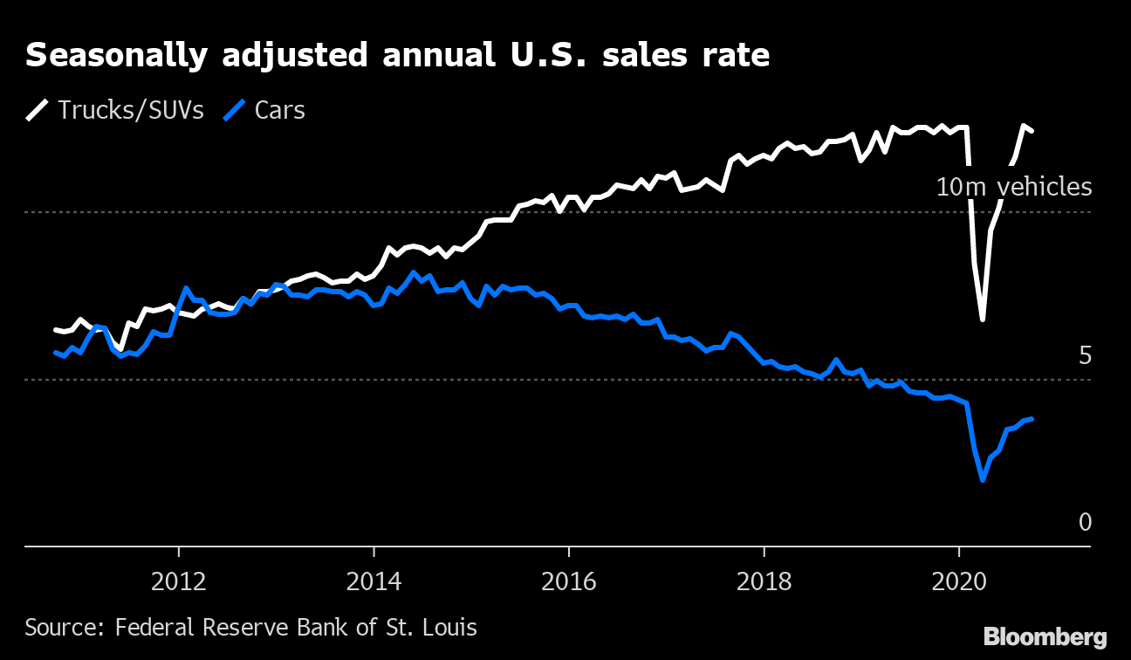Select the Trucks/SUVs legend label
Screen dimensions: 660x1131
[x=131, y=111]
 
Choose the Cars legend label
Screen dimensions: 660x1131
[x=279, y=111]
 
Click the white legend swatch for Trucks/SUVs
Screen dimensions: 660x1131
[x=38, y=111]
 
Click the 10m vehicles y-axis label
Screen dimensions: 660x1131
[x=1014, y=187]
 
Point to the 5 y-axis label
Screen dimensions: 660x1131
[x=1085, y=356]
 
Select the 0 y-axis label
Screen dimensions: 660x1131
[x=1085, y=523]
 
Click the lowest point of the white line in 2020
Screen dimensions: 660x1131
[x=983, y=320]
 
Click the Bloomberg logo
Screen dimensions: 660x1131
[x=1045, y=636]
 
